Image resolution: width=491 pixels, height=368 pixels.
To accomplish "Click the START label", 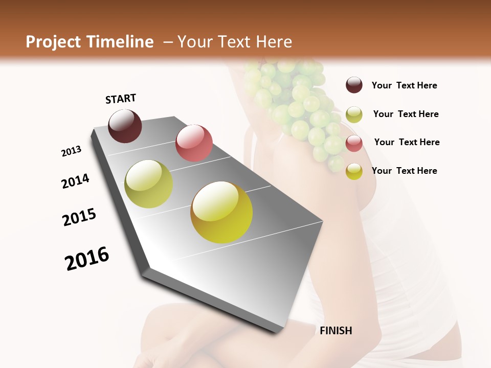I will point(121,99).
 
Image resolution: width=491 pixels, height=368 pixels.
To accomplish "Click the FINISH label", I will point(336,331).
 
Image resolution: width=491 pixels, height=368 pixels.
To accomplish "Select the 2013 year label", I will point(72,151).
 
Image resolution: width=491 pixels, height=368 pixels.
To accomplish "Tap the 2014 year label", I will point(75,181).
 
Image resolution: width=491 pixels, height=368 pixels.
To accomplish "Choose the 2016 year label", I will point(87,258).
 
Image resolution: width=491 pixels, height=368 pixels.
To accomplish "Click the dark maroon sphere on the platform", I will point(125,126).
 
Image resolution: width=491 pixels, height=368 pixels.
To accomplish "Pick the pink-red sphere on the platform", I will point(194,143).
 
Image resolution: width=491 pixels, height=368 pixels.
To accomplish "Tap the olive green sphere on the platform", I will point(148,184).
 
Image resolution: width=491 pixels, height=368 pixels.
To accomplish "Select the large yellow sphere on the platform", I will point(221,212).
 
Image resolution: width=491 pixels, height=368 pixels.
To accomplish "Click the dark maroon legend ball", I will point(354,85).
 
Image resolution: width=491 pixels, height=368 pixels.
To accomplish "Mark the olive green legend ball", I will point(354,114).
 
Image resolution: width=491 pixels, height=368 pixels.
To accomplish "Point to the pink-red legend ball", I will point(354,143).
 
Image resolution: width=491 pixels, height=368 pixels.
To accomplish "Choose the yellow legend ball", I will point(354,172).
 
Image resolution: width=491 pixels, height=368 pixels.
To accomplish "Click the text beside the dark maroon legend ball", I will point(404,85).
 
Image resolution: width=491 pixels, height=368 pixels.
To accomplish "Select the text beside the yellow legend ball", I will point(404,171).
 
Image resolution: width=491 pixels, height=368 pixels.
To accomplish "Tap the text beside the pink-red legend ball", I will point(407,142).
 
